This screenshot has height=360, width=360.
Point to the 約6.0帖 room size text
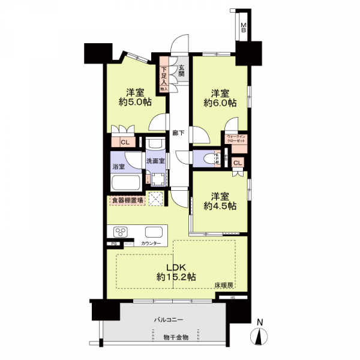[x=220, y=103]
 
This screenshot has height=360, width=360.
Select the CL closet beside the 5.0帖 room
[x=125, y=142]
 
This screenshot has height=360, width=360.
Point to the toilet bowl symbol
[x=208, y=159]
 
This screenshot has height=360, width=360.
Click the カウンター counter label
[x=151, y=244]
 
